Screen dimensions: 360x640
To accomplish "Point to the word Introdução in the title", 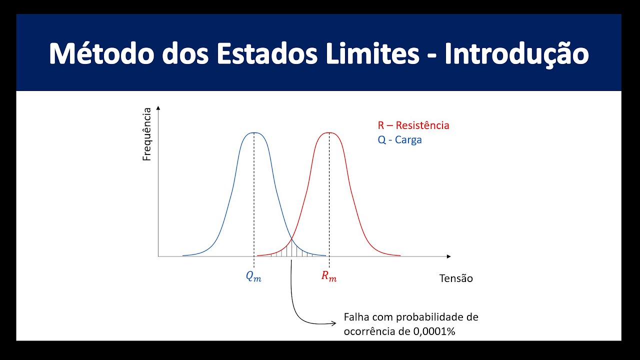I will coord(516,54).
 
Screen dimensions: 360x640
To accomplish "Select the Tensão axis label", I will coord(455,278).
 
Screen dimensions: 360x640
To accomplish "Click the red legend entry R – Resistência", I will coord(413,125).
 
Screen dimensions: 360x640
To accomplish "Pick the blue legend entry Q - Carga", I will coord(399,140).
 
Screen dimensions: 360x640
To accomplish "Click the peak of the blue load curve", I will coord(254,132).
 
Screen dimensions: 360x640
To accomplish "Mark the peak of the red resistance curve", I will coord(329,132).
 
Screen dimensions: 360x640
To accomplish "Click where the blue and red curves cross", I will coord(291,238).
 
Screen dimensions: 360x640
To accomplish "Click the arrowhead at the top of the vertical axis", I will coord(158,108).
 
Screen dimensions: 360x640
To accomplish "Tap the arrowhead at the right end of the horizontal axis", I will coord(448,256).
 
